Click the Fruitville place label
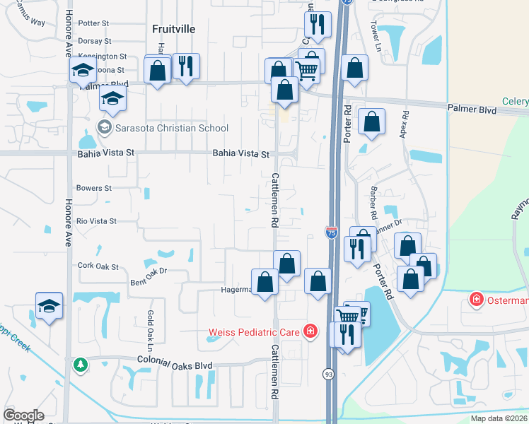(x=173, y=29)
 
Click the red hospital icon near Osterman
(x=477, y=300)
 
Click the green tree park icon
(x=80, y=364)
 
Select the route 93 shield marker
(x=329, y=373)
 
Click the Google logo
(x=23, y=416)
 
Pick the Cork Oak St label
(x=98, y=266)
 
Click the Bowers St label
(x=94, y=189)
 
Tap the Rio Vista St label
(x=96, y=221)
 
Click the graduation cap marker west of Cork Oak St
(x=49, y=307)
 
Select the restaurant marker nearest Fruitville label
(x=187, y=67)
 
